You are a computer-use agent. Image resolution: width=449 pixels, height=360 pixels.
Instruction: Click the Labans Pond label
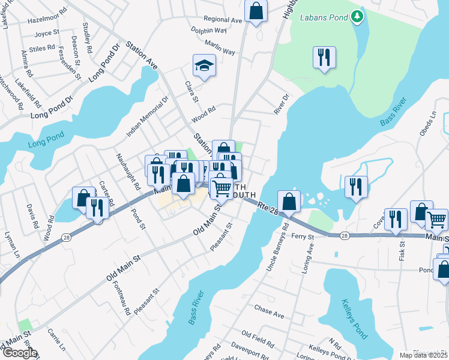click(x=325, y=17)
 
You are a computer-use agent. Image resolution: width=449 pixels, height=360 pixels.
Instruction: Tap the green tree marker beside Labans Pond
click(x=358, y=17)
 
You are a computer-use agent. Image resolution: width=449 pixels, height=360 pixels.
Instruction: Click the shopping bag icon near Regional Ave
click(x=256, y=11)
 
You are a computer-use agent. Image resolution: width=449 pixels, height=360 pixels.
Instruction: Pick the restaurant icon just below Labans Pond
click(x=324, y=58)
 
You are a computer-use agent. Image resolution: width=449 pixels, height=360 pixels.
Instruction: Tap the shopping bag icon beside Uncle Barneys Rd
click(x=289, y=202)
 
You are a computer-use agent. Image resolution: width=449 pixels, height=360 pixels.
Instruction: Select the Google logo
click(x=19, y=352)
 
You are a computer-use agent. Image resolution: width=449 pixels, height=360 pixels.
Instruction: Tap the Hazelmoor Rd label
click(x=46, y=20)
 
